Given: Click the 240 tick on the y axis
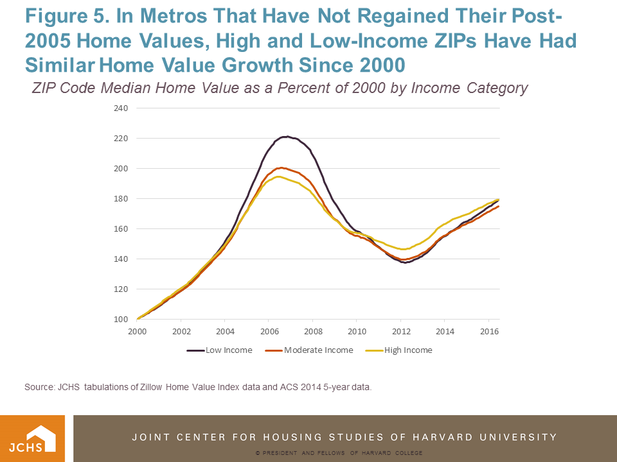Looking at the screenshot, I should (x=121, y=108).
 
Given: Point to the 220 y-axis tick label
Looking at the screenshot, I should (x=121, y=138).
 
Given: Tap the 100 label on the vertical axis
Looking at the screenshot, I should (x=121, y=319).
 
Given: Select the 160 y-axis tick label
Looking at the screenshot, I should (x=121, y=228).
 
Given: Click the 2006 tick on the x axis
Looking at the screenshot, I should (x=269, y=332).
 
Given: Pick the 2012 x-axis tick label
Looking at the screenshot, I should (x=400, y=332).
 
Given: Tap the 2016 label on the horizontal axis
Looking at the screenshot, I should (x=488, y=332).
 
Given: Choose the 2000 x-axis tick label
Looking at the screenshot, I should (x=137, y=332).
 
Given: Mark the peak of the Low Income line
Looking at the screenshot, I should (x=287, y=137).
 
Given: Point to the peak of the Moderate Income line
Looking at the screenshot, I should (x=281, y=167).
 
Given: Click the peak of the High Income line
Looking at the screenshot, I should (x=278, y=176).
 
